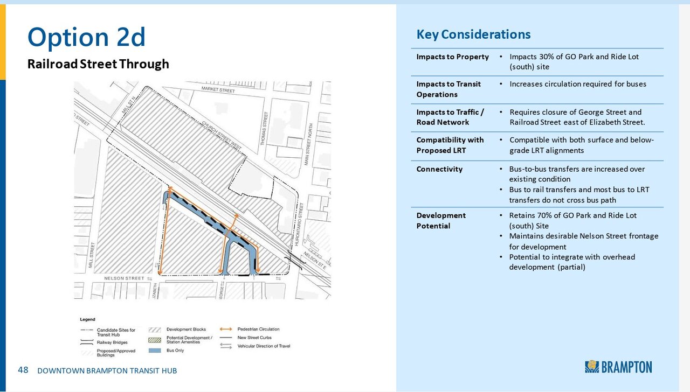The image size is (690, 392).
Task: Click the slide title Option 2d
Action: click(x=86, y=37)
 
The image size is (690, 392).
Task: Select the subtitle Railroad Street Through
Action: click(x=98, y=64)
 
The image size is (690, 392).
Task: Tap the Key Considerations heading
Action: click(x=473, y=34)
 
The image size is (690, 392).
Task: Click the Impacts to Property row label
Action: click(x=452, y=57)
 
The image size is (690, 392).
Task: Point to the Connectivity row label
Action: click(x=439, y=169)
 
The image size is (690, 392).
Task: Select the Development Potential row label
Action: click(x=441, y=220)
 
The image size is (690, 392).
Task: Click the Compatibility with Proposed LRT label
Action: click(x=450, y=145)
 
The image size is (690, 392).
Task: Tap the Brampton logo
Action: click(x=618, y=367)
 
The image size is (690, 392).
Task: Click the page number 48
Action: click(x=23, y=370)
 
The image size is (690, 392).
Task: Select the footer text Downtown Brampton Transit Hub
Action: click(x=107, y=370)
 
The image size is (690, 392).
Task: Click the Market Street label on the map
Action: click(x=218, y=89)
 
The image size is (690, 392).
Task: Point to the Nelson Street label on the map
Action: click(x=123, y=278)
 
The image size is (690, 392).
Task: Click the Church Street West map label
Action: click(x=220, y=135)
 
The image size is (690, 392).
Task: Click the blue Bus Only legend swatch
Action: click(x=155, y=351)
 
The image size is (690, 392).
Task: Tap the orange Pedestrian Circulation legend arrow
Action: click(x=226, y=329)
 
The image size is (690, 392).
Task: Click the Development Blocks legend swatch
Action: click(x=155, y=330)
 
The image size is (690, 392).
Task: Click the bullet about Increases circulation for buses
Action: click(x=577, y=84)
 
